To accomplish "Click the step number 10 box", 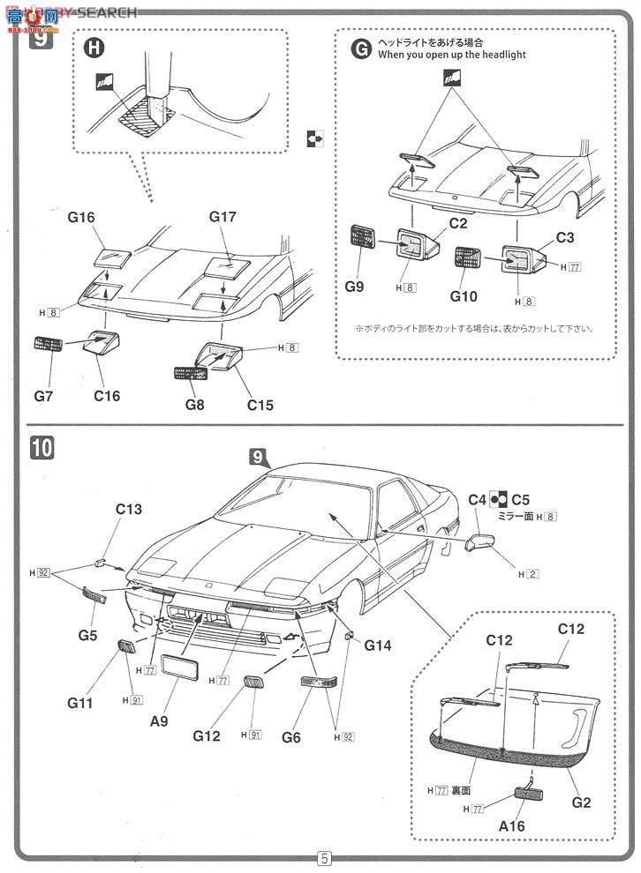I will click(41, 448).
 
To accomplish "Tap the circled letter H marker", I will click(94, 48).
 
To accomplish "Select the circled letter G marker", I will click(361, 48).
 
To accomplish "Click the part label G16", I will click(79, 217).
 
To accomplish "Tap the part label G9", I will click(354, 287).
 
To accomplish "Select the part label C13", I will click(129, 509).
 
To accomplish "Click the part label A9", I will click(159, 720).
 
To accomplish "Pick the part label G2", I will click(581, 802).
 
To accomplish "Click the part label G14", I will click(379, 645).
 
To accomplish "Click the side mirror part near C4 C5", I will click(479, 543).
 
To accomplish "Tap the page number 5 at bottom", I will click(324, 858).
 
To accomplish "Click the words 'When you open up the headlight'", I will click(451, 55).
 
